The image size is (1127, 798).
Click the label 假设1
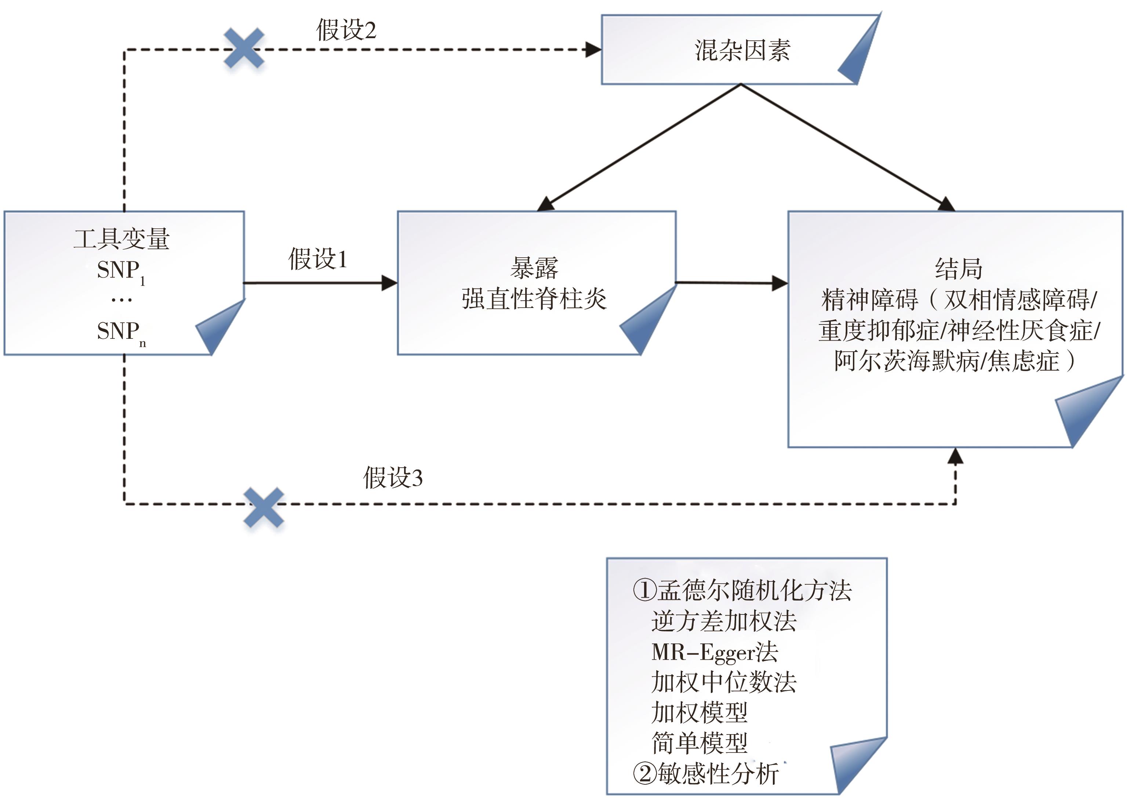317,259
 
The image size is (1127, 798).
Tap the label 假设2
346,30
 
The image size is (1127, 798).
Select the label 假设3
393,477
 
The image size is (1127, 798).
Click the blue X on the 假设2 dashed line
244,48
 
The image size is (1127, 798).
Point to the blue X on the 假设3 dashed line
264,508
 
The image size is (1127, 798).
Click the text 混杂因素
742,50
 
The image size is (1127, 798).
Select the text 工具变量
121,239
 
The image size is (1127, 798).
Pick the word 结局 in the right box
958,269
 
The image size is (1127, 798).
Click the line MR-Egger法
714,652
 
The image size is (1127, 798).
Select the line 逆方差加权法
723,621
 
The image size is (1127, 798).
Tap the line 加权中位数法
723,682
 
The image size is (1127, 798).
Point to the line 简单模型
699,743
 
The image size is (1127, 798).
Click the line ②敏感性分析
705,774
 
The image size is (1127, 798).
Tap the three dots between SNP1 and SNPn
121,300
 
